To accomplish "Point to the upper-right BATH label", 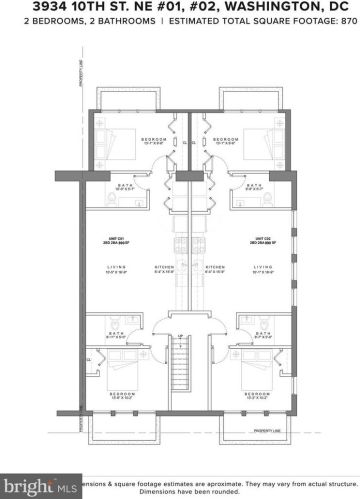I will pyautogui.click(x=256, y=184).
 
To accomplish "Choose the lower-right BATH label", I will pyautogui.click(x=259, y=333).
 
